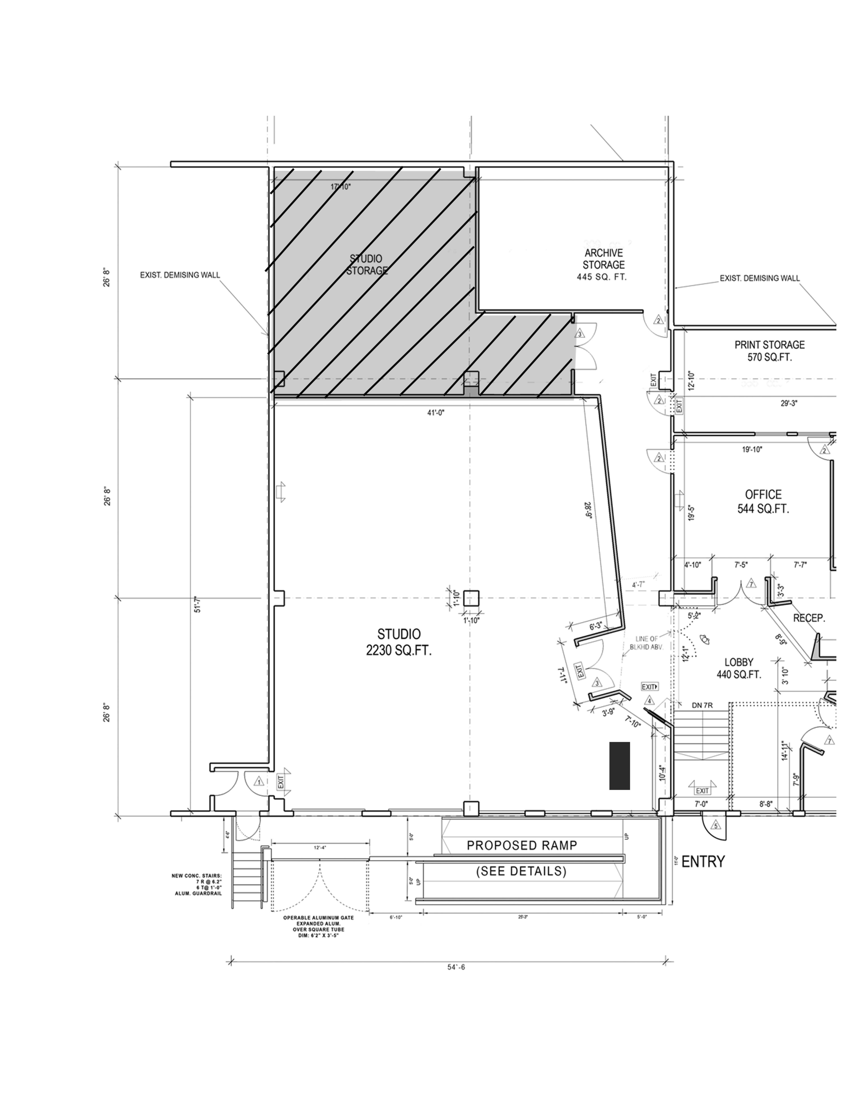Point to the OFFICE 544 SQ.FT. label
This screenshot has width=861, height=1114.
tap(763, 502)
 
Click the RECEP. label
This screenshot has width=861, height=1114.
tap(809, 618)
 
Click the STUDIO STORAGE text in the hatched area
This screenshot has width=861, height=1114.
tap(366, 265)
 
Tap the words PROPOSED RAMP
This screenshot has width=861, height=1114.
tap(522, 846)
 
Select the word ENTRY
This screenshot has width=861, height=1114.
tap(703, 862)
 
